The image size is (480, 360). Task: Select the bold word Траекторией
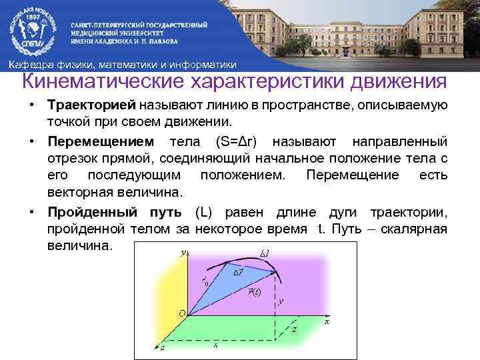(91, 106)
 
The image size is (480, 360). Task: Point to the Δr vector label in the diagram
(237, 273)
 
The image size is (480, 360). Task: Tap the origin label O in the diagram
(182, 313)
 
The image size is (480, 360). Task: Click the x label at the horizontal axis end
(326, 321)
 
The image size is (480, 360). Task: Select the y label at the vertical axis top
(183, 253)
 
